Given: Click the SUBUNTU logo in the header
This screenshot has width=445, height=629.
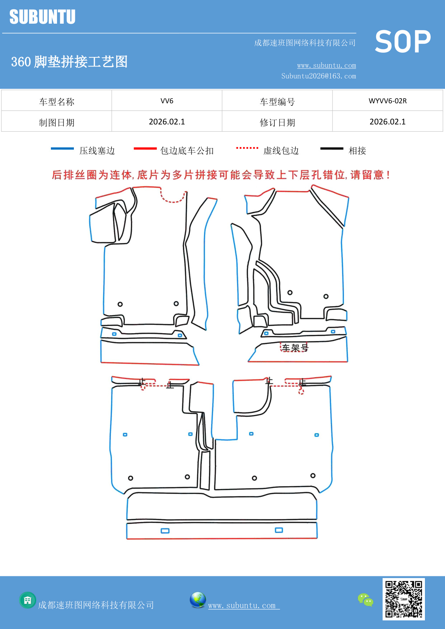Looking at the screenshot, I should pyautogui.click(x=42, y=17).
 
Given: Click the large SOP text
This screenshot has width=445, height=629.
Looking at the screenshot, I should pyautogui.click(x=403, y=42).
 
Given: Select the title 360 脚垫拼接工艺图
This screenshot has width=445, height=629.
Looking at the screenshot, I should pyautogui.click(x=69, y=62).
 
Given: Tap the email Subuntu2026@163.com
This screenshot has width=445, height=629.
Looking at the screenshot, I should pyautogui.click(x=318, y=76).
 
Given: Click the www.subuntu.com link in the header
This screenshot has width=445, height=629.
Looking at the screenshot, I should pyautogui.click(x=326, y=65).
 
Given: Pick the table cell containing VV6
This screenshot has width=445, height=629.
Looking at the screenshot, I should pyautogui.click(x=167, y=101).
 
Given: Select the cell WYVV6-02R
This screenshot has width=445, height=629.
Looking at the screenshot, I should pyautogui.click(x=387, y=101).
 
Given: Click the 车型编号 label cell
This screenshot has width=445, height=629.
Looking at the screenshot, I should pyautogui.click(x=277, y=102).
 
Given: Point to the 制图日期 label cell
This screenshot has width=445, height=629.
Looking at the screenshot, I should pyautogui.click(x=57, y=122).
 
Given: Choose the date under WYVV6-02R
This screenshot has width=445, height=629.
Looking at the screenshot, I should pyautogui.click(x=387, y=122).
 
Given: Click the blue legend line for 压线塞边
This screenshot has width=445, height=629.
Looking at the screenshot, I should pyautogui.click(x=62, y=148).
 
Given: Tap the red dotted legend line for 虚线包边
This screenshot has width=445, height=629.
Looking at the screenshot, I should pyautogui.click(x=247, y=148).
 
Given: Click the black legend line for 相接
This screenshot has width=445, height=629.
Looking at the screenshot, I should pyautogui.click(x=332, y=148).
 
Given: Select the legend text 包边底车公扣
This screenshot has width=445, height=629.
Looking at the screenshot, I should pyautogui.click(x=187, y=151).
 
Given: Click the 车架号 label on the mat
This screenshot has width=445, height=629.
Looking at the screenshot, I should pyautogui.click(x=295, y=347).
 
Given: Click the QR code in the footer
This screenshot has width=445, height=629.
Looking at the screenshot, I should pyautogui.click(x=403, y=599).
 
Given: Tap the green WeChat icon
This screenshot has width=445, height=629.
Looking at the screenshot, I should pyautogui.click(x=365, y=600).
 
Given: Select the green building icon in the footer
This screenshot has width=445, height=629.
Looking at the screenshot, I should pyautogui.click(x=28, y=600).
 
